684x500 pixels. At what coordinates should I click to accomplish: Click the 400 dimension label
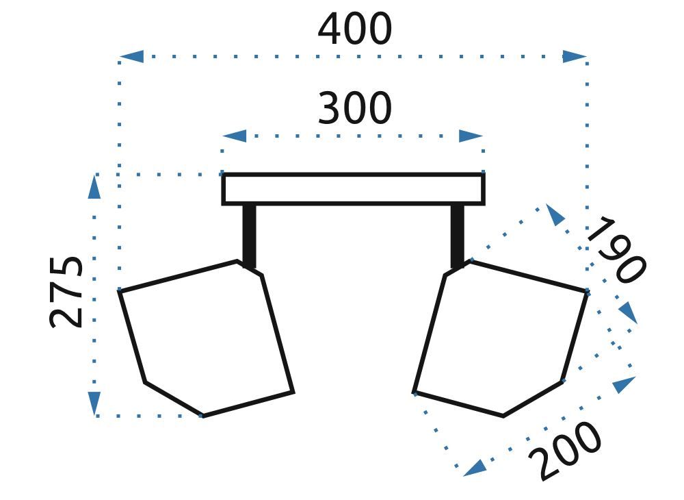coord(354,30)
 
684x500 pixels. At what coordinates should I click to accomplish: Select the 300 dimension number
coord(354,109)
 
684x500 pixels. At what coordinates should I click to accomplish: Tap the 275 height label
coord(68,292)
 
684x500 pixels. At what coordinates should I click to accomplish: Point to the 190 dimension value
coord(614,250)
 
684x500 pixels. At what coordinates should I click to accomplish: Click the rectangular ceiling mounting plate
coord(353,189)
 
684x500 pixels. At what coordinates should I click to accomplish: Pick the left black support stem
coord(250,234)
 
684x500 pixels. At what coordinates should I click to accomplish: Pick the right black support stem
coord(457,234)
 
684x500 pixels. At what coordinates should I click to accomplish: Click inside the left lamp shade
coord(205,336)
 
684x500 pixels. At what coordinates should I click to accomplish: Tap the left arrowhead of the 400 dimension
coord(132,56)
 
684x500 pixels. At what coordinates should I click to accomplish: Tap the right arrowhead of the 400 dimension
coord(575,56)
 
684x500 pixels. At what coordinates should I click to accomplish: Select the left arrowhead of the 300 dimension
coord(235,136)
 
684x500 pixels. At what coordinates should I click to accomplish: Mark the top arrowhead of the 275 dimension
coord(94,187)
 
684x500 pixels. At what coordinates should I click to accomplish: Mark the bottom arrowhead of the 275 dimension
coord(94,403)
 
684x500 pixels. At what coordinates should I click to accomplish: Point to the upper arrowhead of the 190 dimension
coord(556,215)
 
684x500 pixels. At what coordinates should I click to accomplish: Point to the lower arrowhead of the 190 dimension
coord(627,314)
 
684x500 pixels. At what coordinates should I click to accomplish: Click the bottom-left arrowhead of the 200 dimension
coord(474,468)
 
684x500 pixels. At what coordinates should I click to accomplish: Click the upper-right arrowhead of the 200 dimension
coord(623,385)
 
